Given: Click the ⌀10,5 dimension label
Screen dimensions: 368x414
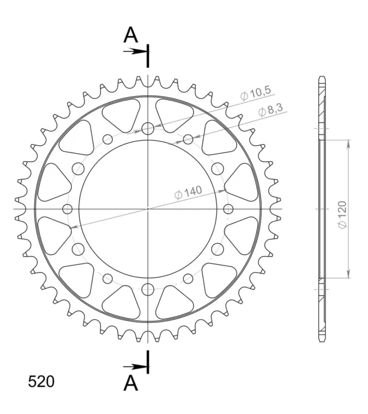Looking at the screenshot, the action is (x=256, y=94).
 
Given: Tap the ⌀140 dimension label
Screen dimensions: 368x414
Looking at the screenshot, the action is (x=188, y=193).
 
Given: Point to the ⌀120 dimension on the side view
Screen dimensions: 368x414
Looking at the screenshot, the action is (x=343, y=215).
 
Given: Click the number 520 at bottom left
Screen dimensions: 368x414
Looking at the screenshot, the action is (x=41, y=381).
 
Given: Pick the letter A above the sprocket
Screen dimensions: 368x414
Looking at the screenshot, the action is (x=130, y=35).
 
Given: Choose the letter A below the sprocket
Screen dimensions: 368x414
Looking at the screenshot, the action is (x=130, y=383).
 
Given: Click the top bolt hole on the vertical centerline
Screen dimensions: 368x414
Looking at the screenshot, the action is (x=148, y=129).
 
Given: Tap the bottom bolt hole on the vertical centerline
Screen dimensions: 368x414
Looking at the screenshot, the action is (x=148, y=290).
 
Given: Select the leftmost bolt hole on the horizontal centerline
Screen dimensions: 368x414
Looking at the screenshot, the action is (x=68, y=209).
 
